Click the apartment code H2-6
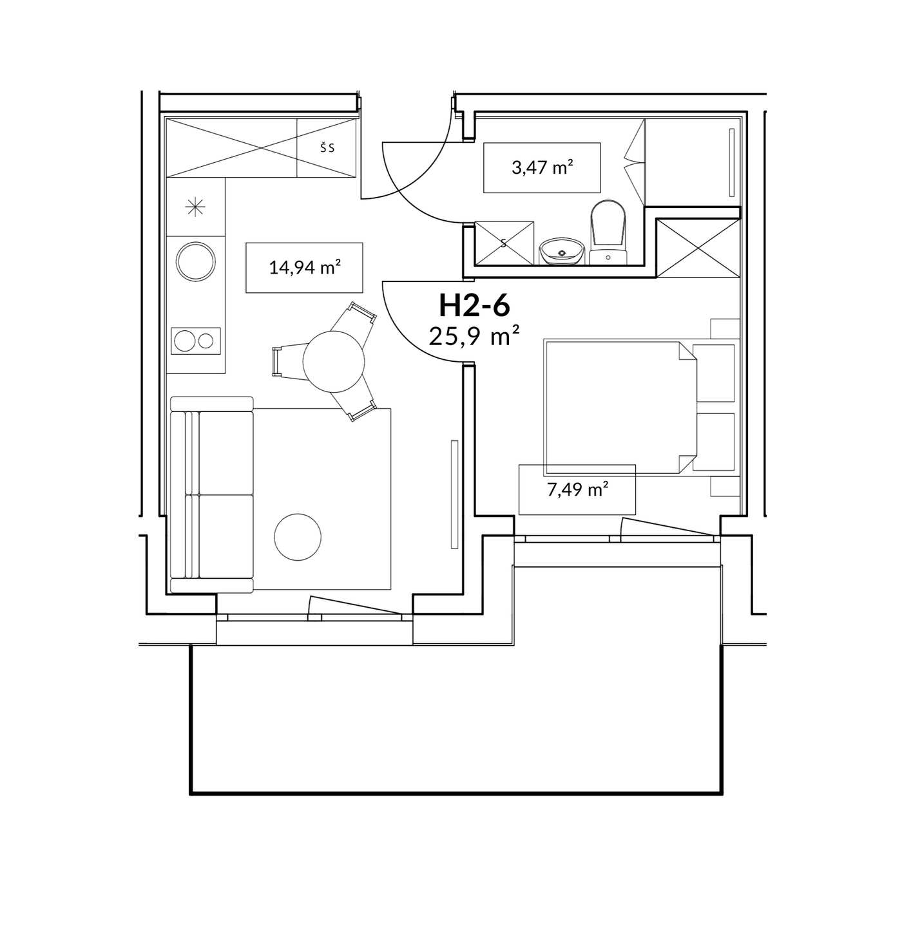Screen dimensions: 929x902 pyautogui.click(x=474, y=305)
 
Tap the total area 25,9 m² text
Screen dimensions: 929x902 pyautogui.click(x=474, y=335)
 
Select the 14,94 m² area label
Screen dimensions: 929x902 pyautogui.click(x=305, y=267)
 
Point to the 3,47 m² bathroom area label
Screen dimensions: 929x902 pyautogui.click(x=542, y=168)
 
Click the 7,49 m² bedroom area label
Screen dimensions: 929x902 pyautogui.click(x=577, y=490)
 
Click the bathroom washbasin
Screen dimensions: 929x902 pyautogui.click(x=562, y=252)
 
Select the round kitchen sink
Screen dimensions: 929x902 pyautogui.click(x=196, y=261)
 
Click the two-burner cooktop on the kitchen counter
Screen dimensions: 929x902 pyautogui.click(x=196, y=341)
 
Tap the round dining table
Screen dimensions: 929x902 pyautogui.click(x=334, y=361)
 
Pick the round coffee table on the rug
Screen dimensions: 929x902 pyautogui.click(x=298, y=536)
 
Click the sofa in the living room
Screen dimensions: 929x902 pyautogui.click(x=211, y=494)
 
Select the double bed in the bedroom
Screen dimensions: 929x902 pyautogui.click(x=620, y=408)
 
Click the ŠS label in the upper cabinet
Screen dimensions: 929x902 pyautogui.click(x=327, y=148)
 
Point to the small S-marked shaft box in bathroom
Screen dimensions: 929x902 pyautogui.click(x=504, y=243)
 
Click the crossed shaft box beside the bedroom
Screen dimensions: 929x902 pyautogui.click(x=698, y=248)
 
